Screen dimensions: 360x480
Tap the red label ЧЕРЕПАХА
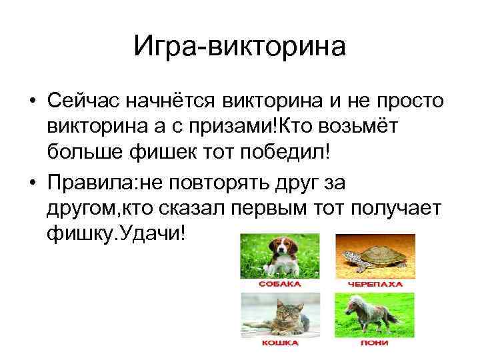[x=375, y=283]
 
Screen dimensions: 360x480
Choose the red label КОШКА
[x=279, y=343]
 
